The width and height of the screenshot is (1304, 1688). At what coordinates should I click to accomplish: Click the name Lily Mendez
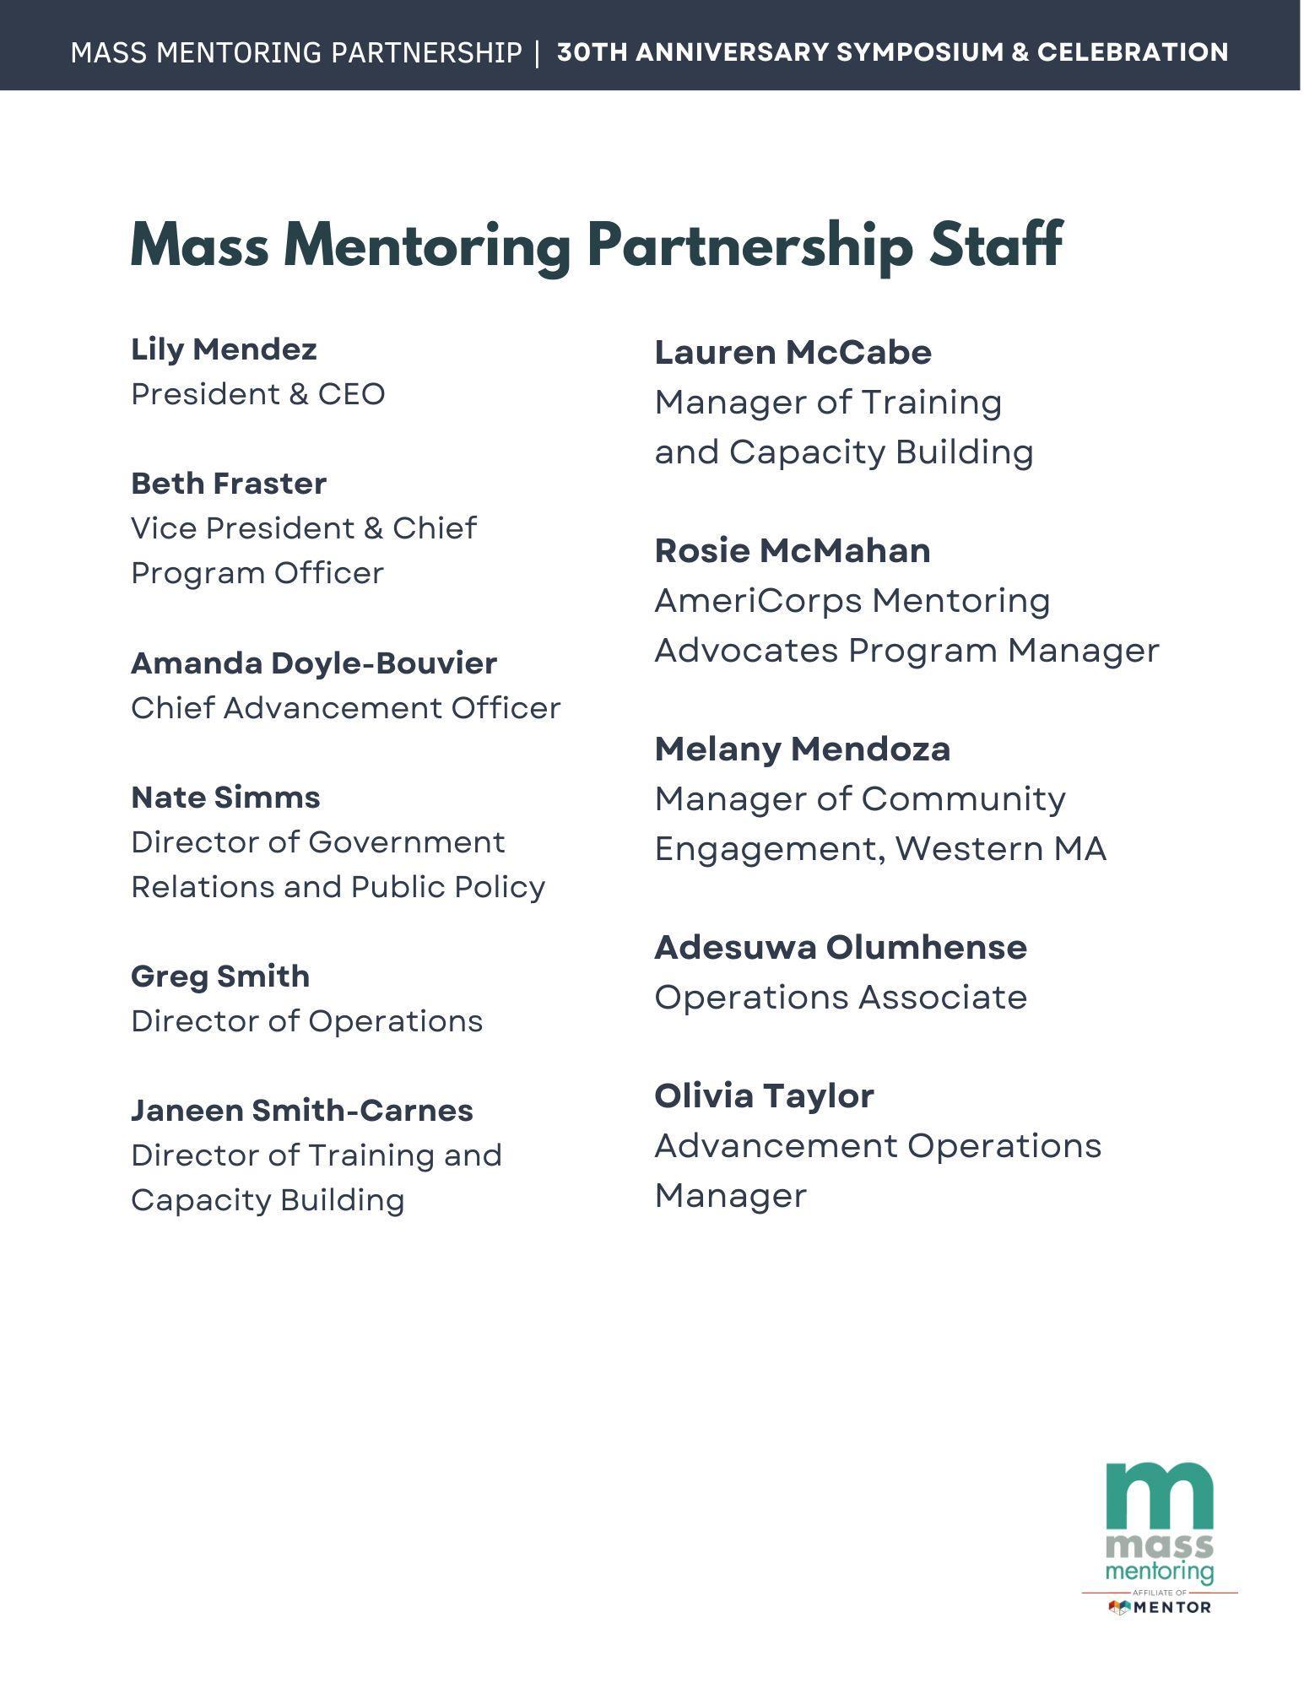coord(224,349)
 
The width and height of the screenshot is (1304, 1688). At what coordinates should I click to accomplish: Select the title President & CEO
coord(257,394)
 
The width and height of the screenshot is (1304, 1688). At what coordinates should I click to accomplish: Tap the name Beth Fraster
coord(228,484)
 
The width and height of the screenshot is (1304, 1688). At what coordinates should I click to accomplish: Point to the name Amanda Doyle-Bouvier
coord(314,663)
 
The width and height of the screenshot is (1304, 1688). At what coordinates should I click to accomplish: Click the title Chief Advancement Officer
coord(345,708)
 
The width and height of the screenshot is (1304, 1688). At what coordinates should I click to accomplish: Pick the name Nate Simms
coord(225,798)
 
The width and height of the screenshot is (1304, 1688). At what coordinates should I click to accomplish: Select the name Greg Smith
coord(219,977)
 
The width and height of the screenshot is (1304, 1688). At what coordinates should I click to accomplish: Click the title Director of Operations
coord(306,1021)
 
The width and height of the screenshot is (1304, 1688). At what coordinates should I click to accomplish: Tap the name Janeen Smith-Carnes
coord(301,1111)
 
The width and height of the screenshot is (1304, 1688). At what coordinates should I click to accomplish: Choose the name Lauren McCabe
coord(793,353)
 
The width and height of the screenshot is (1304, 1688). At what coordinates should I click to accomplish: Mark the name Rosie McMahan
coord(792,551)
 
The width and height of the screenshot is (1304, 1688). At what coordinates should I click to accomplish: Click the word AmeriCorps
coord(757,601)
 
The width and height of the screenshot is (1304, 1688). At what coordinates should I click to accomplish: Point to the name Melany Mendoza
coord(802,749)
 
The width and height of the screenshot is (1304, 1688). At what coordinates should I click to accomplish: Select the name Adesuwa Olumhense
coord(840,948)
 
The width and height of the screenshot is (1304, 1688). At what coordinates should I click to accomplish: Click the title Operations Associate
coord(840,998)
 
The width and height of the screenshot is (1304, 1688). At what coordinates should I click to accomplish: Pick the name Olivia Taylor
coord(764,1096)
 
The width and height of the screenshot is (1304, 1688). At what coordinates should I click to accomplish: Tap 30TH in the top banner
coord(592,52)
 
